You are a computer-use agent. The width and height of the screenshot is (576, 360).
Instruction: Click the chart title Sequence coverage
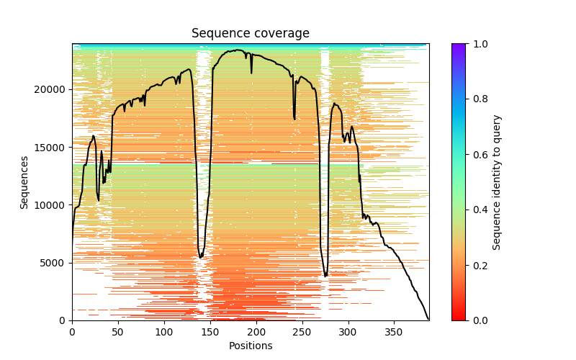(251, 34)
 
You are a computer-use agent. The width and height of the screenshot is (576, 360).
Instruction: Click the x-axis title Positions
(251, 346)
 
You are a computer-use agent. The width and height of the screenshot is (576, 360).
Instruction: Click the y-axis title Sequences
(24, 182)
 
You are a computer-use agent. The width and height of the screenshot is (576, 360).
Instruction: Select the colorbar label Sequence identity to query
(497, 182)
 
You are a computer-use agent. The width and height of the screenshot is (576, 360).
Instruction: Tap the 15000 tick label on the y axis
(53, 148)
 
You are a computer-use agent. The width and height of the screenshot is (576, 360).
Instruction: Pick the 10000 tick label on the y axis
(53, 205)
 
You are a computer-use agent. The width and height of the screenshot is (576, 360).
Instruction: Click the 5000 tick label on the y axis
(55, 263)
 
